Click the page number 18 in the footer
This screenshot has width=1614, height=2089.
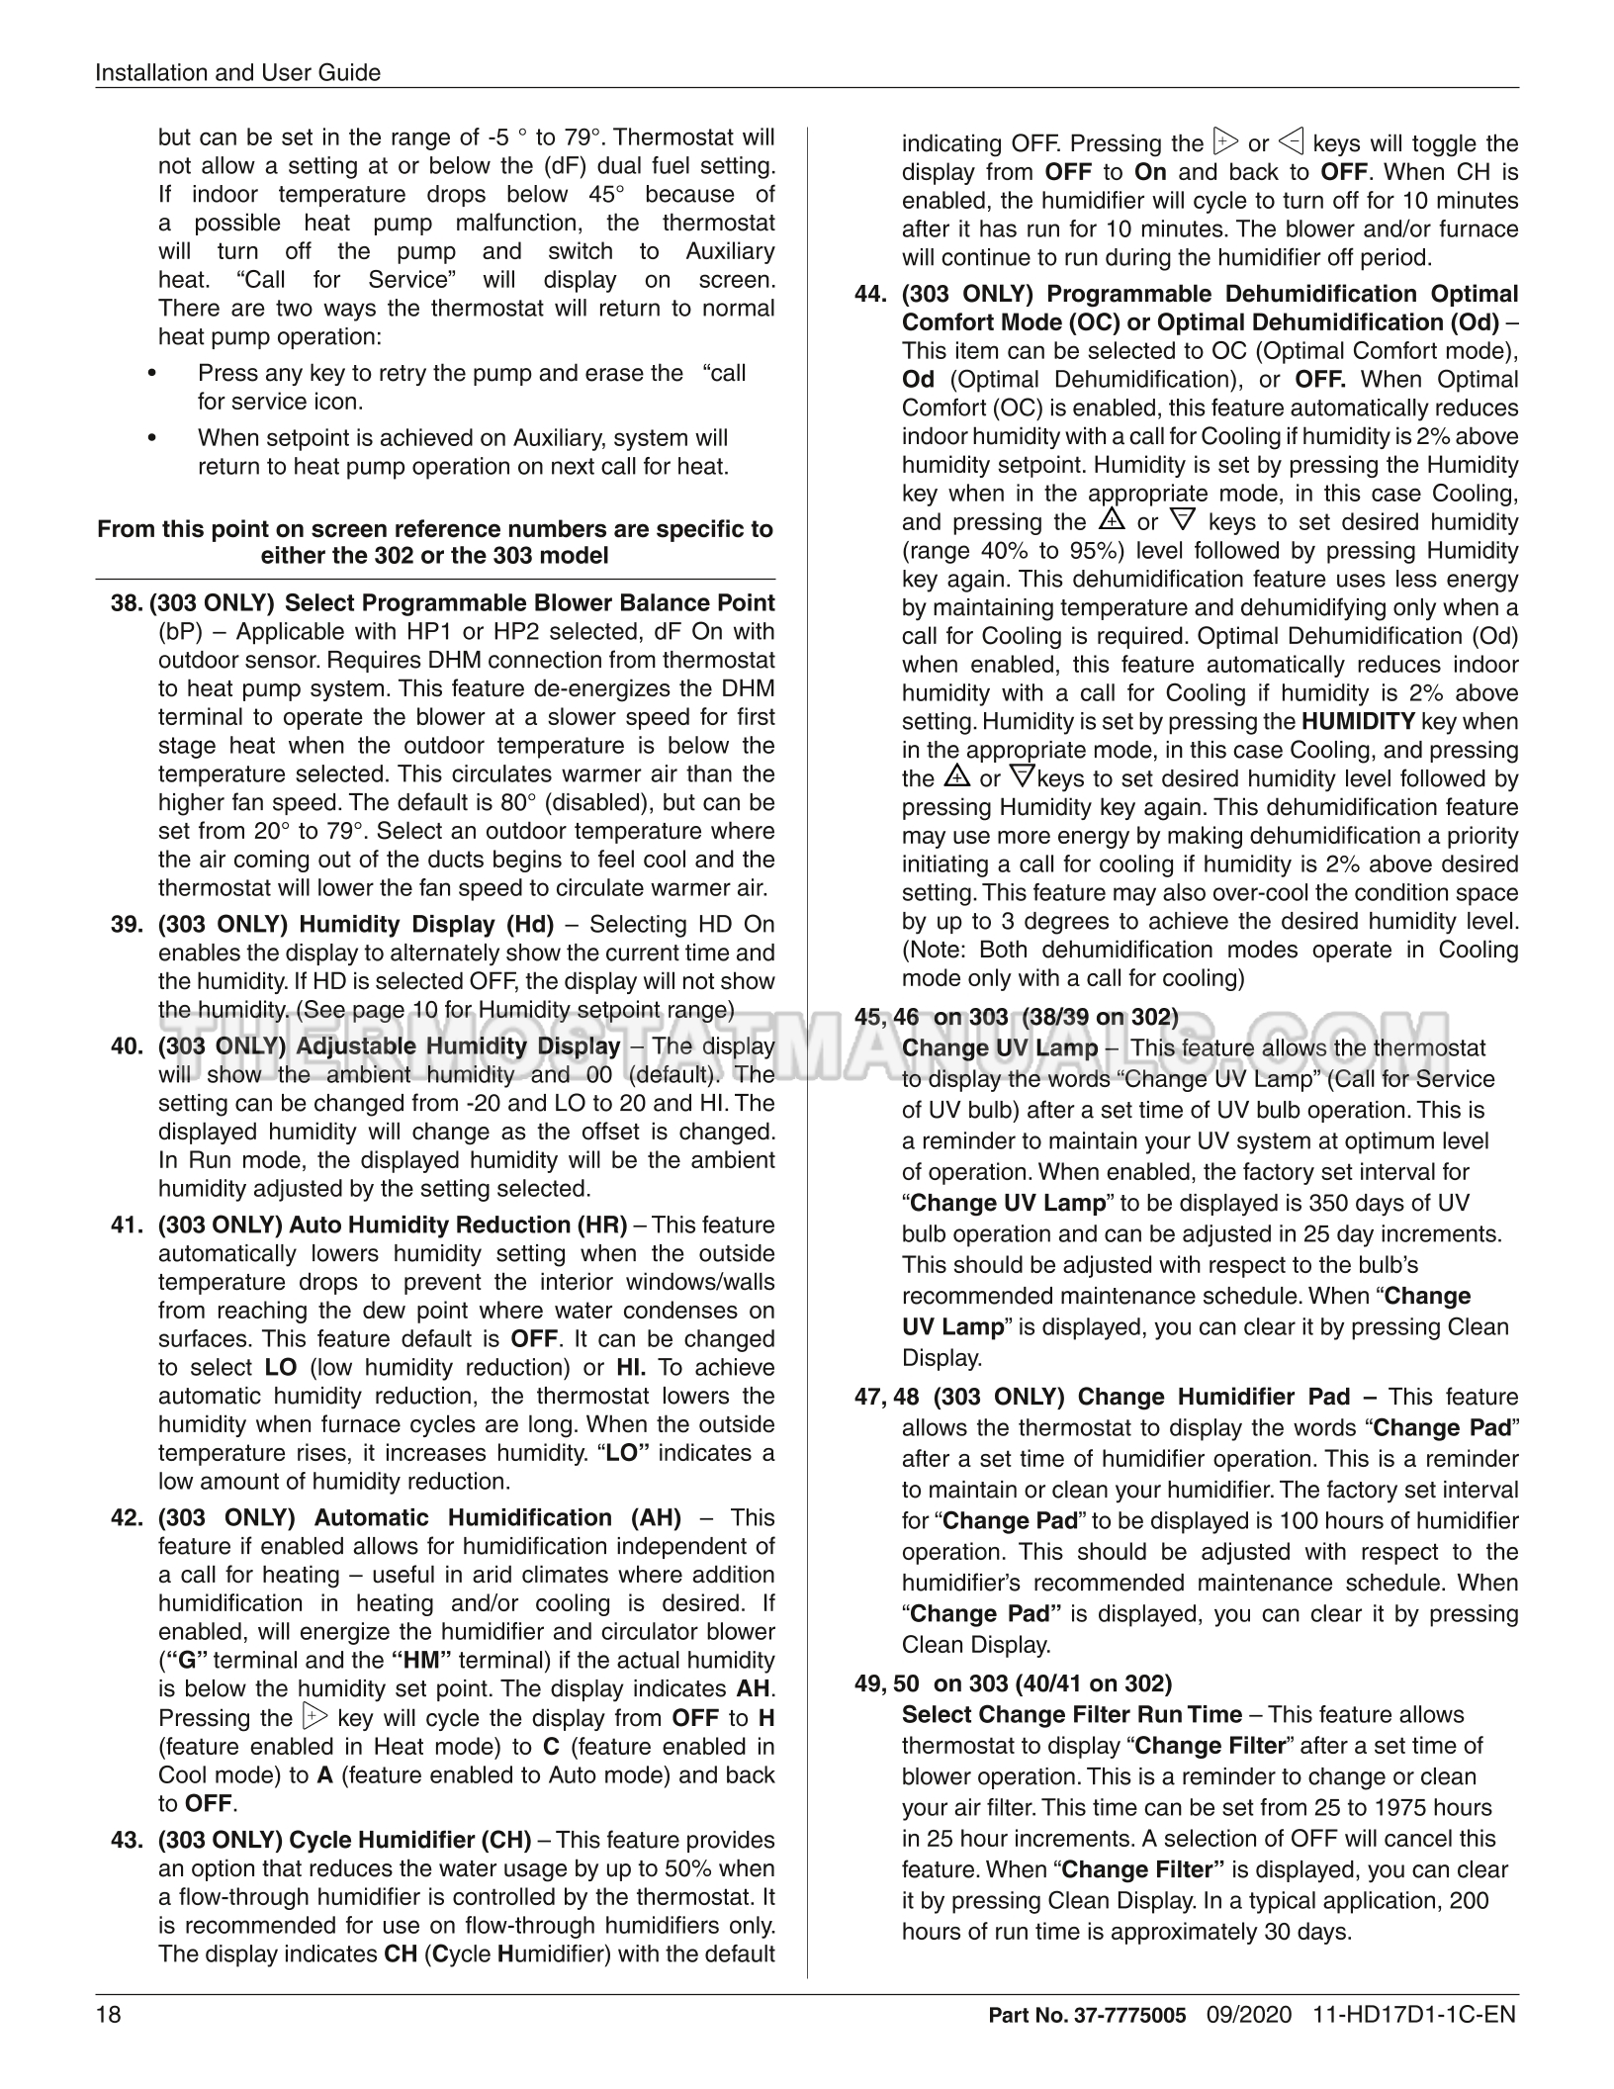coord(108,2015)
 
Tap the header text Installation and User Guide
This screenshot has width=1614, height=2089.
coord(237,72)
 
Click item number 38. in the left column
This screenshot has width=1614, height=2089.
coord(127,603)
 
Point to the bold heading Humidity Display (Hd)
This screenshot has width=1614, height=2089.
coord(426,925)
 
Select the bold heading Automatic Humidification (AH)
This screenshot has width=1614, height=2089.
coord(497,1518)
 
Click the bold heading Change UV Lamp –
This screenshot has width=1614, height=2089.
coord(1009,1048)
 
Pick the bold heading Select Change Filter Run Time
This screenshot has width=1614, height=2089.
coord(1072,1715)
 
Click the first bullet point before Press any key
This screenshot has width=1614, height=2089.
coord(151,374)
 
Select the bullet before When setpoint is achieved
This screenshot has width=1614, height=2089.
coord(151,438)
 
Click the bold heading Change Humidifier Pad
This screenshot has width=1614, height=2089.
coord(1213,1398)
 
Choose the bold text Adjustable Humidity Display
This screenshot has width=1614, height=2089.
coord(458,1046)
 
